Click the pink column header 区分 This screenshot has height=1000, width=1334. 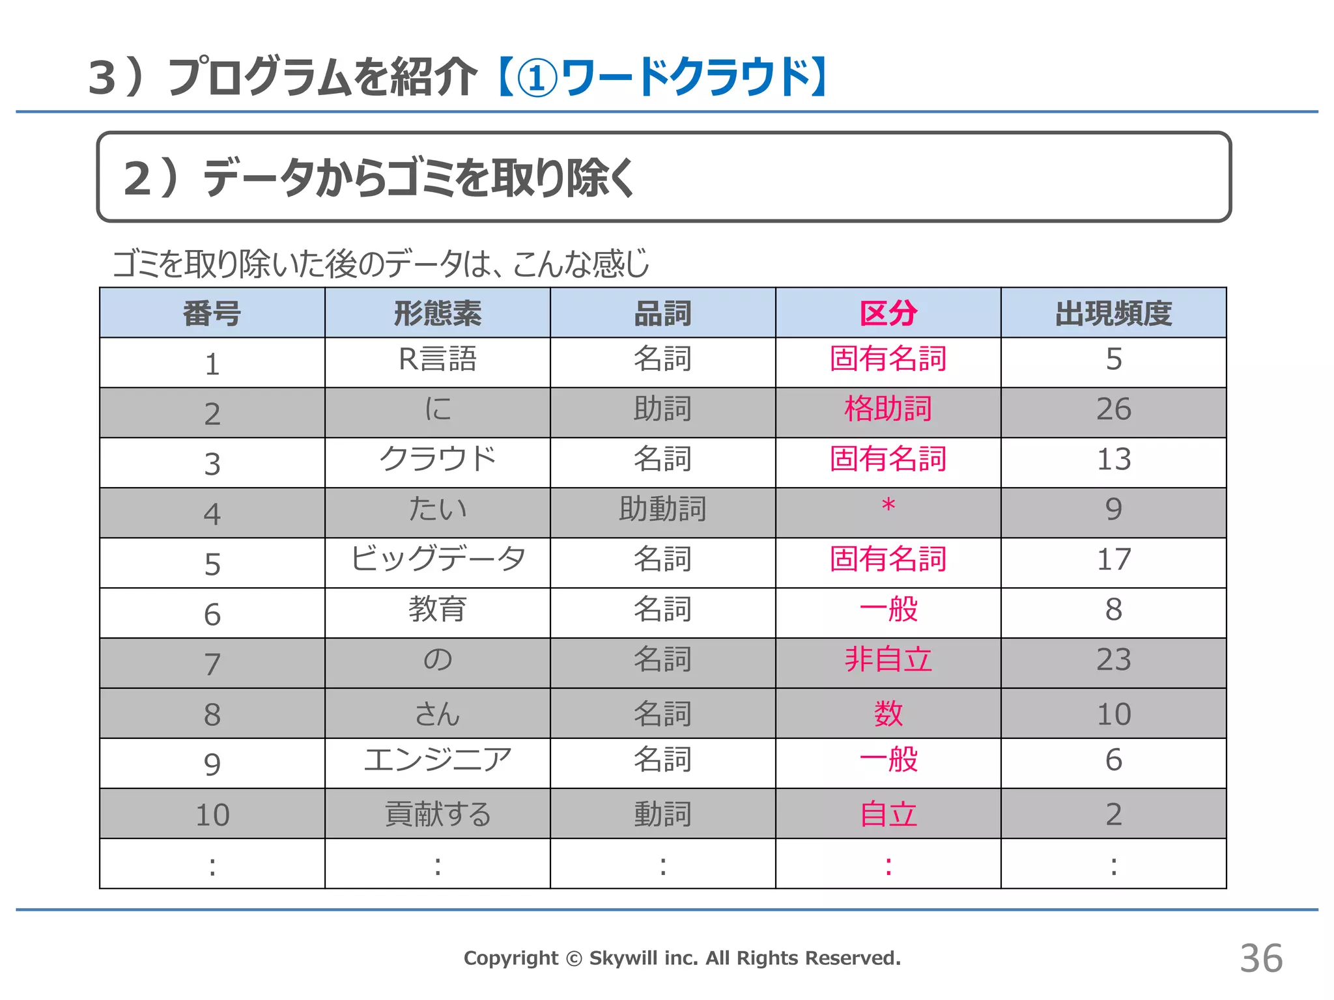888,313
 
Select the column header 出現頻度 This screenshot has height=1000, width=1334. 1113,313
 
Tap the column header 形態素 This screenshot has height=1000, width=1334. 437,313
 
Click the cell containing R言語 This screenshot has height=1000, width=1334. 437,359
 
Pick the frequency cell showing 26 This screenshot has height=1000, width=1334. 1113,410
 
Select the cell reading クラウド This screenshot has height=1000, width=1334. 437,459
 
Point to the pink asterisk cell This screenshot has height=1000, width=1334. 888,507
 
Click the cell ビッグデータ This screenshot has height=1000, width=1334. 437,559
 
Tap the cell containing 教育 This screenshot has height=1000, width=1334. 437,609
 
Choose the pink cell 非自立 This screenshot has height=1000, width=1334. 888,660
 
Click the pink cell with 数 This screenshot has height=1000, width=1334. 888,714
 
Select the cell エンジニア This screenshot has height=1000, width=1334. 437,760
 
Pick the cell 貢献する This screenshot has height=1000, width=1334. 437,814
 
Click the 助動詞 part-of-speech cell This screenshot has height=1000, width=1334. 662,509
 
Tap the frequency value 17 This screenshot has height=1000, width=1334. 1113,559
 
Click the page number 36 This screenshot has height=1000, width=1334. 1261,958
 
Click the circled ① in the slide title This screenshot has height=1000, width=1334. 537,78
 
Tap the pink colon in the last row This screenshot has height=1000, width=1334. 888,866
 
